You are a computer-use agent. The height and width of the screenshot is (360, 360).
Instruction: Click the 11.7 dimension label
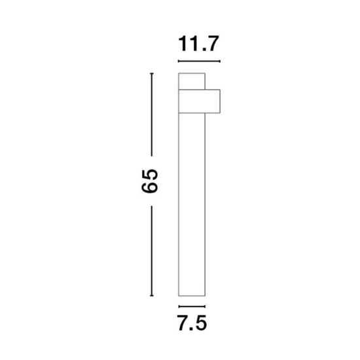(x=198, y=44)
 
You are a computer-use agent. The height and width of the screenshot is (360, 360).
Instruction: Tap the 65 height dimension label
(x=149, y=181)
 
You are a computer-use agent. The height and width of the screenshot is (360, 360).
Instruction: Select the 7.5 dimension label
(x=192, y=323)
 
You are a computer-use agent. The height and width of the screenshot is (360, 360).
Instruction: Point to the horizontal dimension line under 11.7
(x=199, y=62)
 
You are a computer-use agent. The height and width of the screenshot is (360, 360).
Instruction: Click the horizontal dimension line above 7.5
(x=192, y=306)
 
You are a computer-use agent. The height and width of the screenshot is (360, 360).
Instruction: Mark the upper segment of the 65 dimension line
(x=152, y=115)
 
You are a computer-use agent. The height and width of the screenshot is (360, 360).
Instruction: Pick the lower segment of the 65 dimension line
(x=152, y=251)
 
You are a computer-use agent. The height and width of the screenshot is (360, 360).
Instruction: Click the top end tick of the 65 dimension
(x=152, y=73)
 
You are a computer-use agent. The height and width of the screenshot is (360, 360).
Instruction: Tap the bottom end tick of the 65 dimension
(x=152, y=296)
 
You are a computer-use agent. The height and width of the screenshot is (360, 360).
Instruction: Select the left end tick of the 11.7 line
(x=179, y=62)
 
